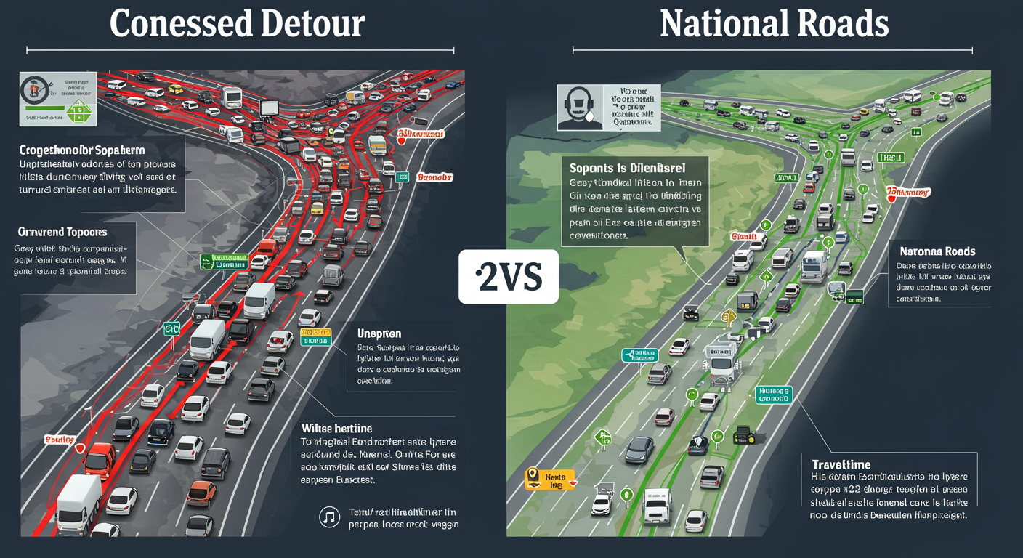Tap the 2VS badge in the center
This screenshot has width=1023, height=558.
coord(509,277)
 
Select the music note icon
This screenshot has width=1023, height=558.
coord(329,517)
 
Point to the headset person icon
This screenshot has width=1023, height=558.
coord(580,108)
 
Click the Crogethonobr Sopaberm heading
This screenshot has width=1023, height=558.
coord(82,150)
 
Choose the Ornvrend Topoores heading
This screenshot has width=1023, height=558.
coord(62,232)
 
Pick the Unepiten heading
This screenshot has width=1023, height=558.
coord(379,333)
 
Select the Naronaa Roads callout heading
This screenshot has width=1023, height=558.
coord(938,251)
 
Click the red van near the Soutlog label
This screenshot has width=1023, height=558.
coord(99,458)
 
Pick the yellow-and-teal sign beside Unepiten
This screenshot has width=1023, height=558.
coord(315,338)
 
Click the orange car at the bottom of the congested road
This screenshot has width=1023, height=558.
coord(201,493)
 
